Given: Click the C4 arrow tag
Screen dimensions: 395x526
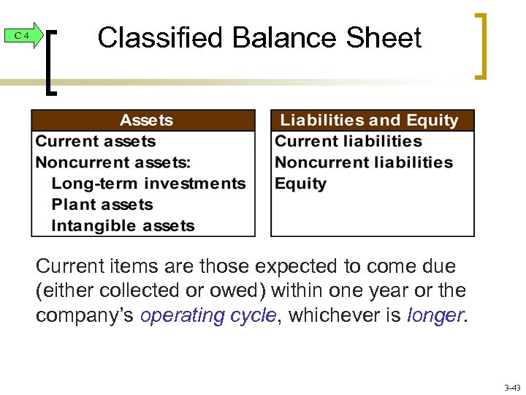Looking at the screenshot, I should (x=21, y=36).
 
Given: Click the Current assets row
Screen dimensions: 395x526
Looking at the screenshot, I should (x=96, y=141).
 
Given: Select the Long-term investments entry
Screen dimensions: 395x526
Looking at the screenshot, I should (x=148, y=184).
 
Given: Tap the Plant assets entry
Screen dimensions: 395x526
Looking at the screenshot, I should (x=102, y=205).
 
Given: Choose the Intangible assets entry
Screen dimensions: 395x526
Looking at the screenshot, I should (x=123, y=226).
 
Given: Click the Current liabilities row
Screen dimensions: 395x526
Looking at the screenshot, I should (x=348, y=141).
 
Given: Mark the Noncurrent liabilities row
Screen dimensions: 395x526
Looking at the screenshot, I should (x=364, y=162).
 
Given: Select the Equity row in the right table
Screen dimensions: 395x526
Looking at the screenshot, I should (x=300, y=184).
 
